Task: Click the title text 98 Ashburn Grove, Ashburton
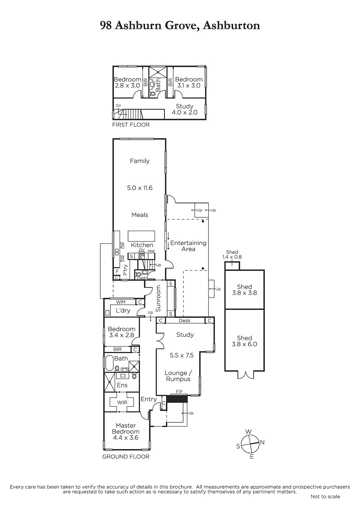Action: (180, 25)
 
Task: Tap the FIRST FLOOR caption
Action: (131, 125)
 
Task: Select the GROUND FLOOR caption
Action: (126, 457)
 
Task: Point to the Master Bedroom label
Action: (125, 431)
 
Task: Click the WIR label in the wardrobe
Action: (122, 403)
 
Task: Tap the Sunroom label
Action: (158, 299)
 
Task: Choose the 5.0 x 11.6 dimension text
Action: (140, 188)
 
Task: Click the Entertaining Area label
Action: (188, 246)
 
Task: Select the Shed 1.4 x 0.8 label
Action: (232, 254)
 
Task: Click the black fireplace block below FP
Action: (177, 399)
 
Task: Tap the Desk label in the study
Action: (185, 320)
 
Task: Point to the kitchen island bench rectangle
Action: (141, 236)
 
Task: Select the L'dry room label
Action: (123, 310)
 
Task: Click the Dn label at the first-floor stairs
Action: (118, 106)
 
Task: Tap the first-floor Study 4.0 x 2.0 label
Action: (185, 109)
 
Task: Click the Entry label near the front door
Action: (149, 399)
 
